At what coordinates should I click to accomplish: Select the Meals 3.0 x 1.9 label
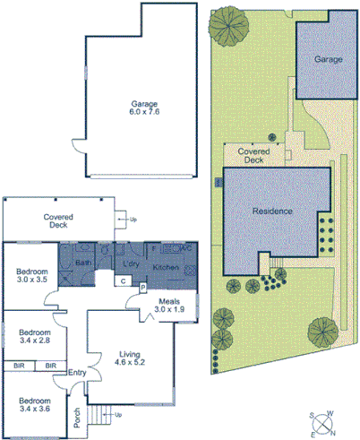(x=168, y=305)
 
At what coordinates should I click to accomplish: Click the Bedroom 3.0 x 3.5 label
(x=32, y=274)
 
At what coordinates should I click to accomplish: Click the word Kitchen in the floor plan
(x=167, y=268)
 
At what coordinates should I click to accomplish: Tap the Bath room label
(x=83, y=263)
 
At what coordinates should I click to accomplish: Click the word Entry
(x=77, y=374)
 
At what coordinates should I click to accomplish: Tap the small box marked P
(x=142, y=287)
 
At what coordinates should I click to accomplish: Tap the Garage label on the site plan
(x=328, y=59)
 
